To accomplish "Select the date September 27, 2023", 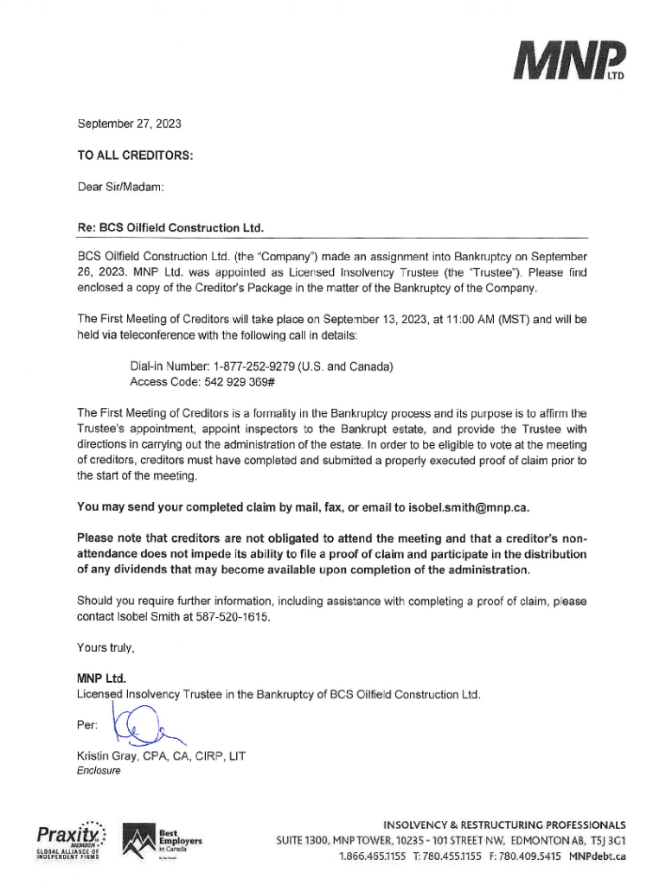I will pyautogui.click(x=129, y=124).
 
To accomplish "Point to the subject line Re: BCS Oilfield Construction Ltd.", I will pyautogui.click(x=170, y=227).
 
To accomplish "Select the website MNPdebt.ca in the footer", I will pyautogui.click(x=596, y=856).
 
